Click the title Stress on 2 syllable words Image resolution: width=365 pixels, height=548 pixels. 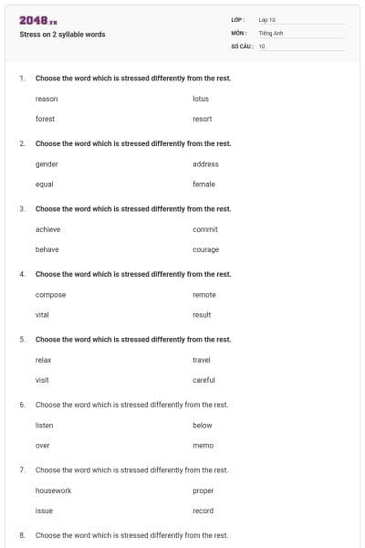click(x=62, y=35)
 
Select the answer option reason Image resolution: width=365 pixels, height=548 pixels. click(x=46, y=99)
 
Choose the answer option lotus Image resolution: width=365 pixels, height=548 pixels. click(x=201, y=99)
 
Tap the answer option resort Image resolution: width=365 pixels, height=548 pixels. click(x=203, y=119)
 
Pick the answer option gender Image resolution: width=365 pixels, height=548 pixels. click(x=47, y=164)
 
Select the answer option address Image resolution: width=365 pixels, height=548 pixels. click(x=205, y=164)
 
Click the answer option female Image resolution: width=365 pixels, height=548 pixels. click(x=203, y=184)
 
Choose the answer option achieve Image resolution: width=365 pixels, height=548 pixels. click(x=47, y=229)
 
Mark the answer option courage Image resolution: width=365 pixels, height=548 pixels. click(x=205, y=249)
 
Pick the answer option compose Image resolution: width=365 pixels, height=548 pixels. click(x=50, y=295)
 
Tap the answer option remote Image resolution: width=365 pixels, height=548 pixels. click(x=204, y=295)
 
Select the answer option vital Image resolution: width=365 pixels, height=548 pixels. click(x=43, y=314)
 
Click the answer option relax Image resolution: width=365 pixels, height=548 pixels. click(x=44, y=360)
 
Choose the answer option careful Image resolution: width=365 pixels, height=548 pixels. click(x=203, y=380)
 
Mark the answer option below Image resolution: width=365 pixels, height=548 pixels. click(x=202, y=426)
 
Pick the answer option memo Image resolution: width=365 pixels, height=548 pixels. click(x=203, y=445)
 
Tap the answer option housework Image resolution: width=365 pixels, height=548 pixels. click(x=53, y=491)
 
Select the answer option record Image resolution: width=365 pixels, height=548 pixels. click(x=203, y=511)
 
